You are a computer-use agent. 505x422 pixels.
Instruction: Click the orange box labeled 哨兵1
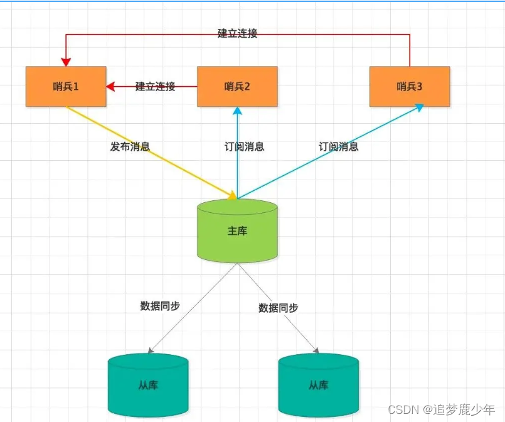tap(66, 86)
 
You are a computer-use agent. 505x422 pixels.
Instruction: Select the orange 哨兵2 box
tap(237, 86)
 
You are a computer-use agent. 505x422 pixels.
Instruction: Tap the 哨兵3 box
tap(409, 86)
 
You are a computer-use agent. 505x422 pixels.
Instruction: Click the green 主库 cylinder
tap(237, 230)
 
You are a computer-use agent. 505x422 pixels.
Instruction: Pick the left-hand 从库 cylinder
tap(148, 384)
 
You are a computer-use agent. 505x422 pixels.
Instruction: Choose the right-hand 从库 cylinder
tap(319, 384)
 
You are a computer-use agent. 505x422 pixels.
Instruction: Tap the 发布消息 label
tap(130, 146)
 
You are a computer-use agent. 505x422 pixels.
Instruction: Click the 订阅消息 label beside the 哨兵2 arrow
tap(245, 146)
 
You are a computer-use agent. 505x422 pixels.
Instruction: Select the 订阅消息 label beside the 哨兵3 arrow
tap(339, 146)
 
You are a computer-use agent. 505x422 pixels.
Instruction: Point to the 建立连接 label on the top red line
tap(237, 33)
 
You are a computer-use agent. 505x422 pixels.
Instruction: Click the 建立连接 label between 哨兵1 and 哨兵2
tap(155, 86)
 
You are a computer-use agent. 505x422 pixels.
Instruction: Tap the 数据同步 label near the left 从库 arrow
tap(160, 306)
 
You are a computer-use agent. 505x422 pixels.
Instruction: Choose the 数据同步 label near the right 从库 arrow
tap(278, 308)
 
